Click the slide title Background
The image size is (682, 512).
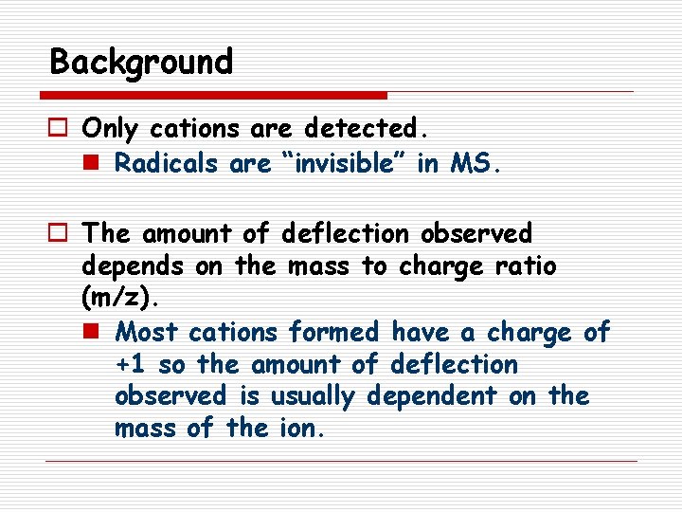pyautogui.click(x=141, y=63)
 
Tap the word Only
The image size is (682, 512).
pyautogui.click(x=109, y=127)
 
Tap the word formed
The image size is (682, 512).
pyautogui.click(x=333, y=333)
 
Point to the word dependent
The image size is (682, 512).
pyautogui.click(x=431, y=396)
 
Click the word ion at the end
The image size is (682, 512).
pyautogui.click(x=303, y=428)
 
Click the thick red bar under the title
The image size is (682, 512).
pyautogui.click(x=214, y=95)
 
